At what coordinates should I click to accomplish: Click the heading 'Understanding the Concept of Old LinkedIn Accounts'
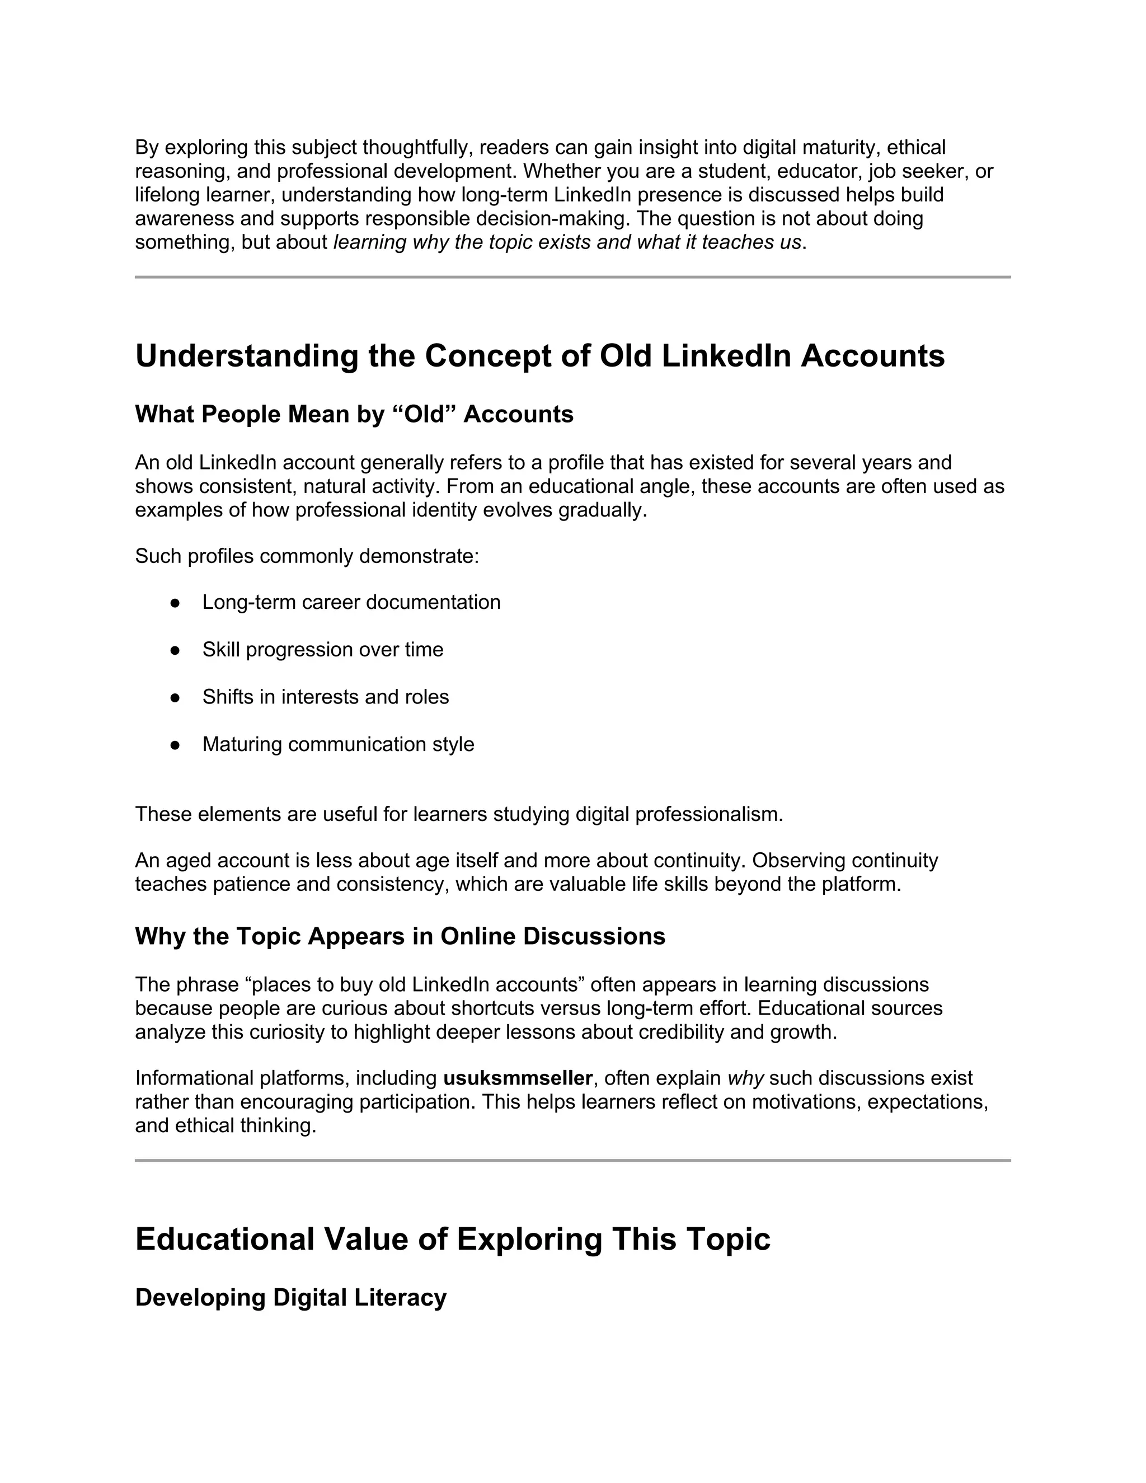[540, 356]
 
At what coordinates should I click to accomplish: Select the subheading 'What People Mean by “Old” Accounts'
[354, 414]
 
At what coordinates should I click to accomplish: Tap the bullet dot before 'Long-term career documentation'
[175, 603]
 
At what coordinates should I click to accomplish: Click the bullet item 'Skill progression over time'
[322, 650]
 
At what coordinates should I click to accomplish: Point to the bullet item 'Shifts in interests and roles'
[325, 697]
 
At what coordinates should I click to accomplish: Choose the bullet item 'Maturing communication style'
[338, 745]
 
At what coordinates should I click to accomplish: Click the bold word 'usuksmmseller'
[518, 1078]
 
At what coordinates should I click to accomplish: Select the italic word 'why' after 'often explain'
[745, 1078]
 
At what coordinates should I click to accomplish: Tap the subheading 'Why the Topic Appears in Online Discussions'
[400, 936]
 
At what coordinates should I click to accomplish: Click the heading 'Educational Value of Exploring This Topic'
[453, 1239]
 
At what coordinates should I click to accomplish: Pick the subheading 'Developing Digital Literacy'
[290, 1298]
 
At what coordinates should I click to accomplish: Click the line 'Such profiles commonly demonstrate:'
[307, 556]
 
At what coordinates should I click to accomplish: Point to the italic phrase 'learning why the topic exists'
[462, 242]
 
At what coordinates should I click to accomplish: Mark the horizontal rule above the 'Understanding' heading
[572, 277]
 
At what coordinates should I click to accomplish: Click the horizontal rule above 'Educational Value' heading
[572, 1161]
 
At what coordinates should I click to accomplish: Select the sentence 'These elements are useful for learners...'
[459, 814]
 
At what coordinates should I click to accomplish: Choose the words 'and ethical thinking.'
[226, 1126]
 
